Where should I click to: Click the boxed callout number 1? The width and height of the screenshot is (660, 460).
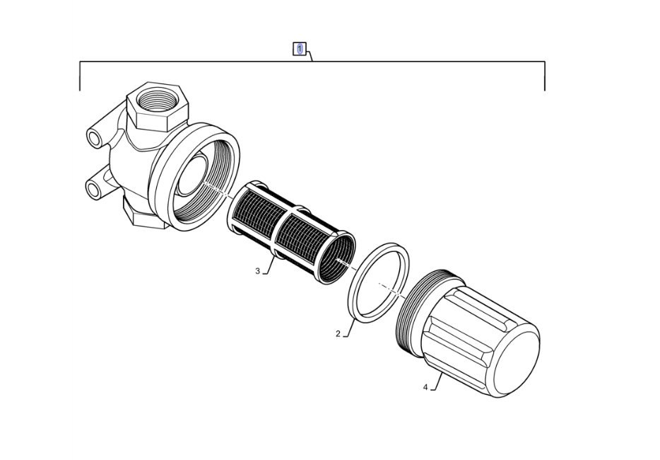click(300, 49)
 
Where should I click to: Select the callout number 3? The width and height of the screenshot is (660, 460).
click(258, 270)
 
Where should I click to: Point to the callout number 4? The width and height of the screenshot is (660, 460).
click(425, 387)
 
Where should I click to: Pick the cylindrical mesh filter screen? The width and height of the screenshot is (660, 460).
click(291, 232)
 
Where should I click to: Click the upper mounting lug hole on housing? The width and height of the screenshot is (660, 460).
click(94, 138)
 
